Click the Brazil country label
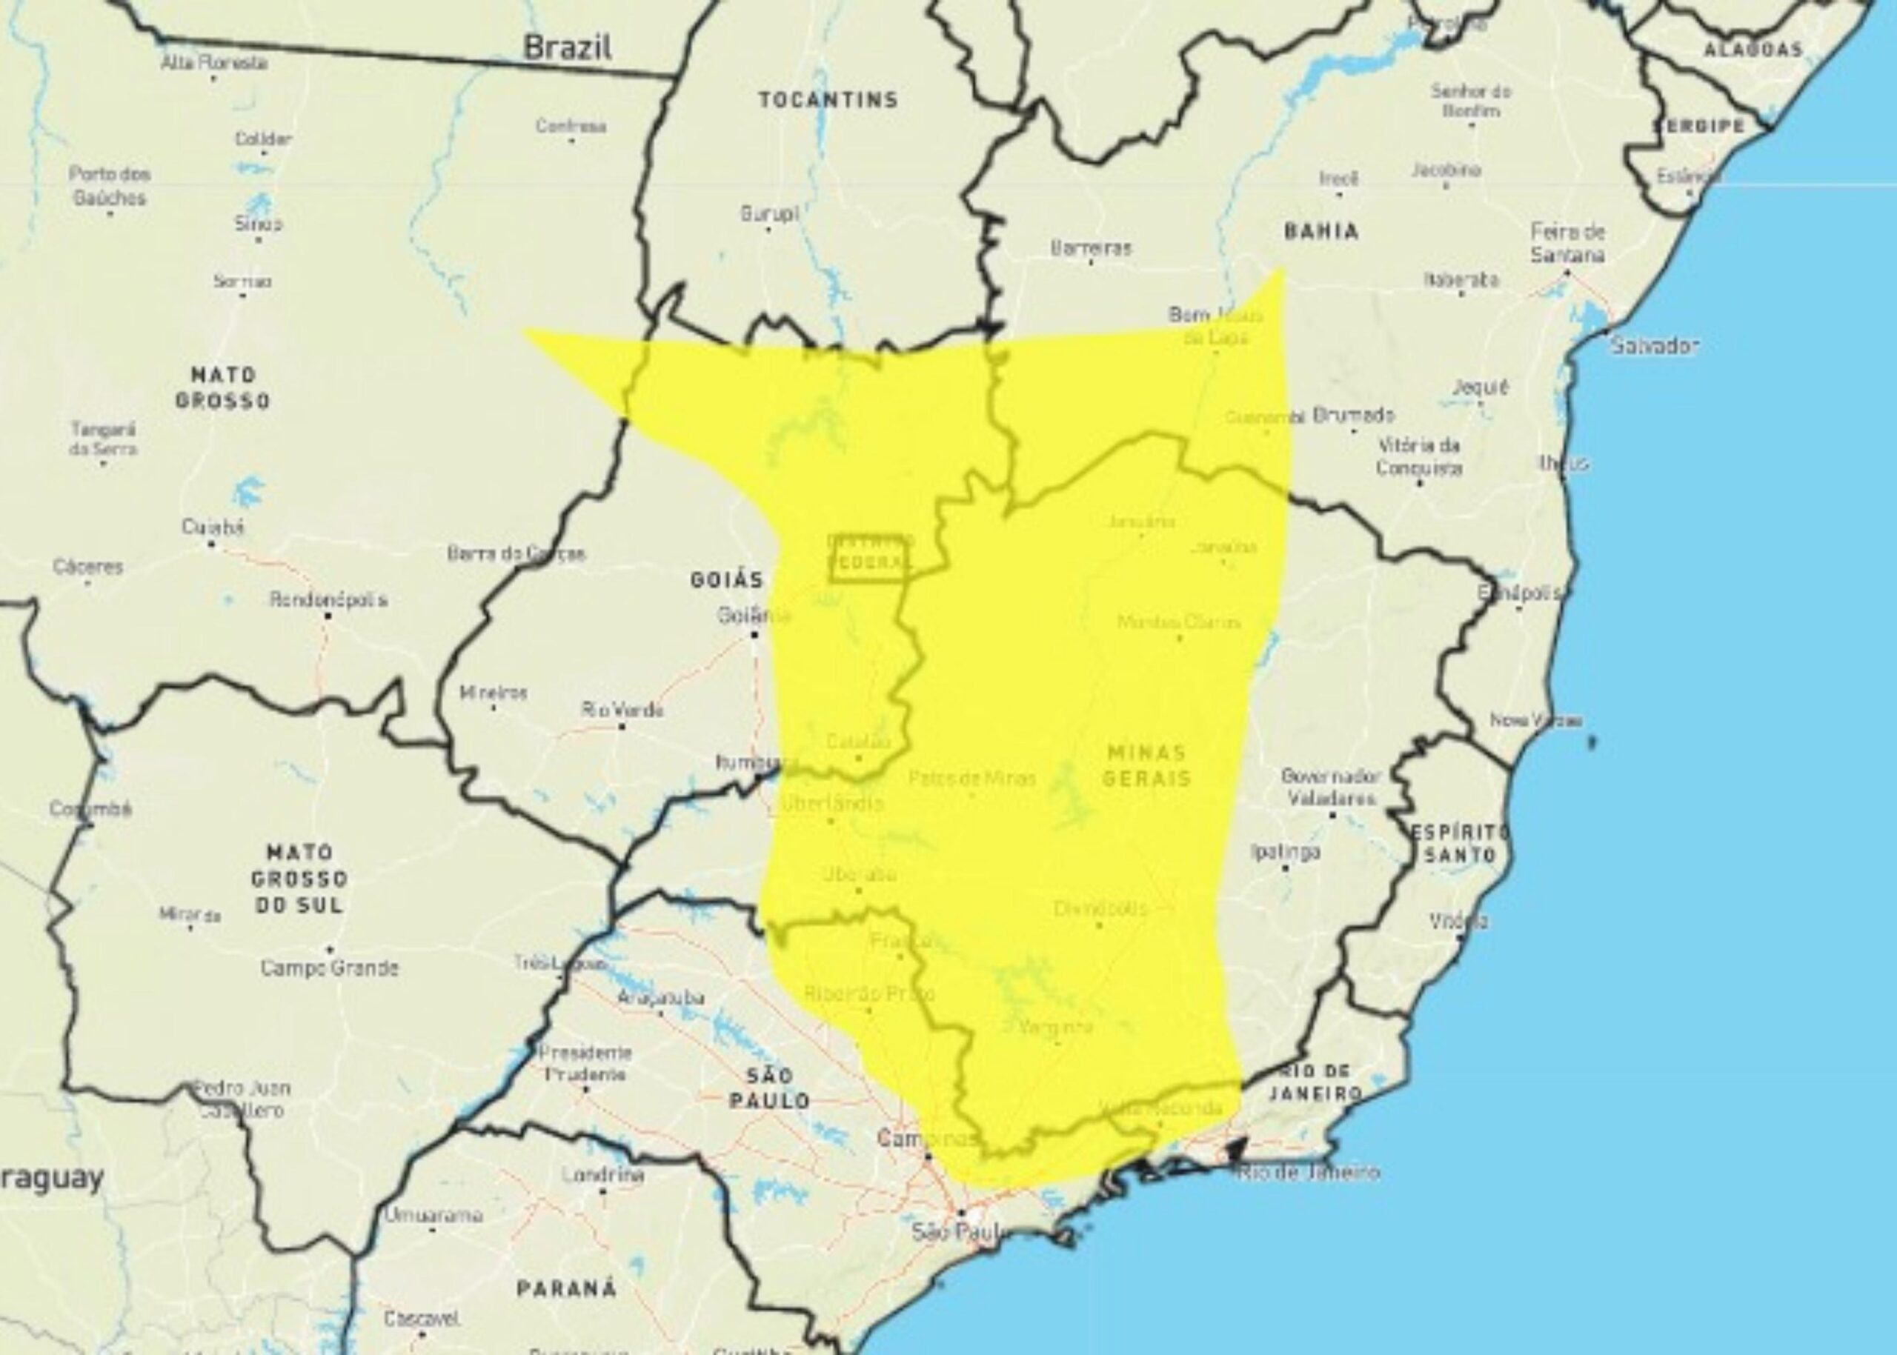click(x=568, y=47)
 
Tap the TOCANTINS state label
click(x=828, y=100)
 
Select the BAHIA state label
click(x=1321, y=231)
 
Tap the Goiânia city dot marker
click(x=754, y=635)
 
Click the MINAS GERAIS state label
click(x=1146, y=765)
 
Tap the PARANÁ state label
click(x=567, y=1288)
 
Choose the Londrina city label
click(x=602, y=1175)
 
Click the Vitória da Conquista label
click(x=1419, y=456)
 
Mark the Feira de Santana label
click(x=1567, y=243)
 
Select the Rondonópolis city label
click(x=328, y=599)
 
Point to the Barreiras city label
click(x=1091, y=247)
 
